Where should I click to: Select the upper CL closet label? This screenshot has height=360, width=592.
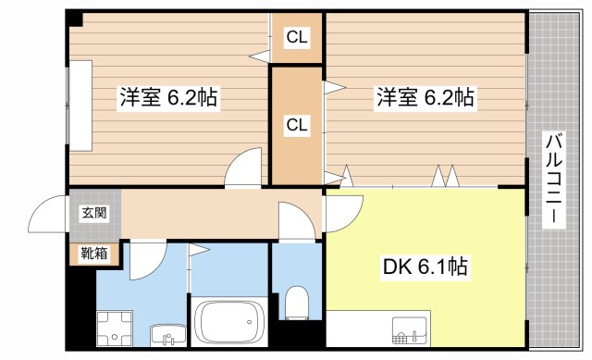[297, 38]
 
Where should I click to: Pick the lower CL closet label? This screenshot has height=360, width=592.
[297, 124]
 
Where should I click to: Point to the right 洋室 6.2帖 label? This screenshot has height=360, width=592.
[425, 97]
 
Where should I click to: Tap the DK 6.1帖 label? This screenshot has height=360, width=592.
[425, 267]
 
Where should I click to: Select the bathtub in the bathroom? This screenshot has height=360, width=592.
[228, 323]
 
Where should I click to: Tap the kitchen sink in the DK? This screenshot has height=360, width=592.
[406, 329]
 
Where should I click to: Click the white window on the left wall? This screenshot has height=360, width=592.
[80, 105]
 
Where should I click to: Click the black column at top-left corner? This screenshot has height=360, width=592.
[75, 19]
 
